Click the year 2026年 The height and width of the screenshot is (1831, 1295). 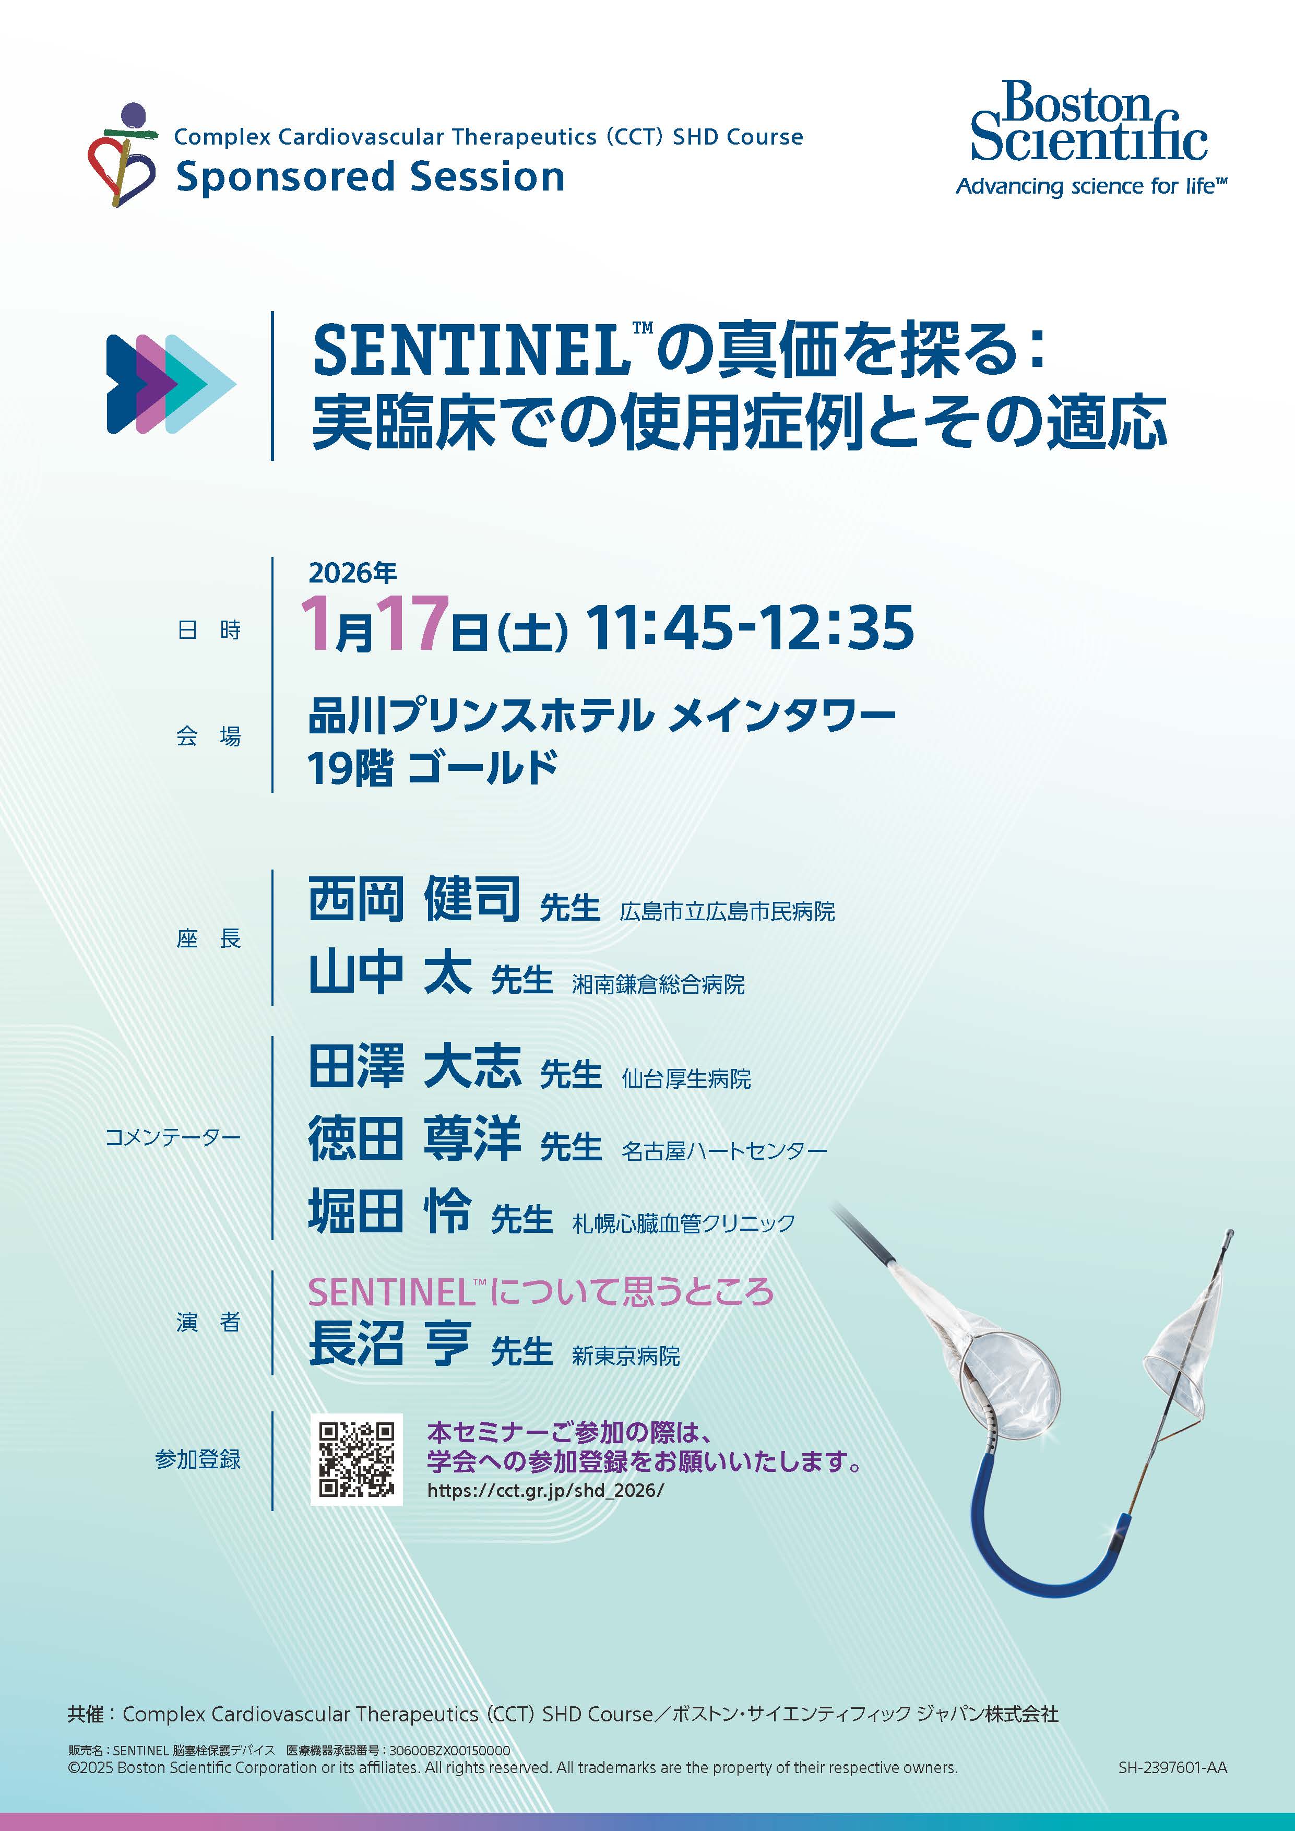pyautogui.click(x=352, y=573)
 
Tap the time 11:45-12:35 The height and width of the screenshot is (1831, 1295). pyautogui.click(x=750, y=627)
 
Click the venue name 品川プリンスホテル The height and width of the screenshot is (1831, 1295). pyautogui.click(x=481, y=716)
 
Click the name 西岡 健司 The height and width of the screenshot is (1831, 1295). pyautogui.click(x=414, y=899)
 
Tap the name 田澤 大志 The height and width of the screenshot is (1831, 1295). pyautogui.click(x=414, y=1066)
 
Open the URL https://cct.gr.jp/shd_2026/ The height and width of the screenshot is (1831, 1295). pyautogui.click(x=545, y=1491)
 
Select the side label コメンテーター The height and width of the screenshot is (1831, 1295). pyautogui.click(x=173, y=1138)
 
